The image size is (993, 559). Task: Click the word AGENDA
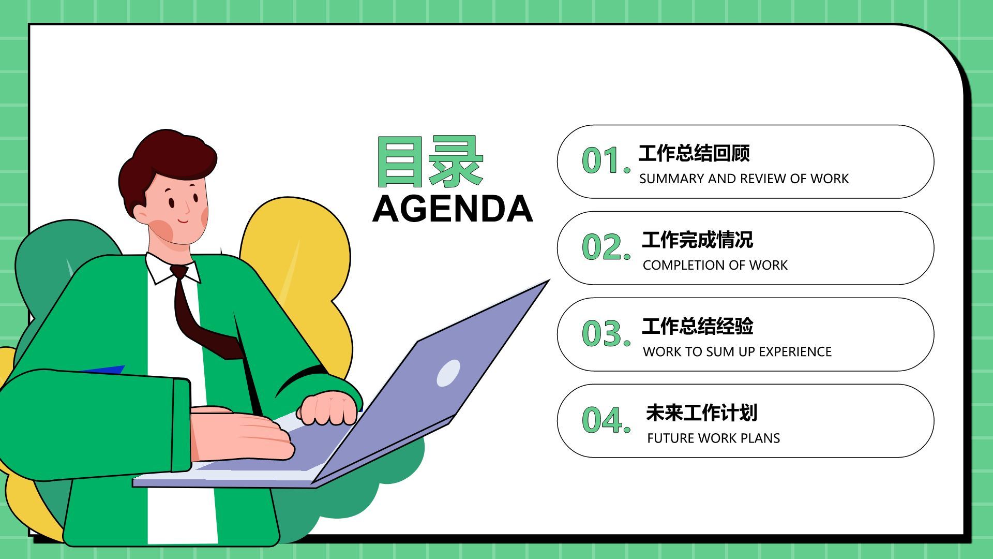[453, 209]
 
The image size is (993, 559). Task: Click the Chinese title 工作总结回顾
[694, 153]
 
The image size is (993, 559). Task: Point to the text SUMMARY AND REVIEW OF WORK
[744, 179]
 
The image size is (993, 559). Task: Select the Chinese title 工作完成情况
[698, 240]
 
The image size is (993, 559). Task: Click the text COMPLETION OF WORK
[715, 265]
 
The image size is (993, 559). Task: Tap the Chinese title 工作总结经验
[698, 326]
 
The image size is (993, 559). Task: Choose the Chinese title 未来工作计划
[702, 413]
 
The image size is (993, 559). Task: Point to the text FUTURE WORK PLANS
[713, 438]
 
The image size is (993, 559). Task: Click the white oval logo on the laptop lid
[448, 373]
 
